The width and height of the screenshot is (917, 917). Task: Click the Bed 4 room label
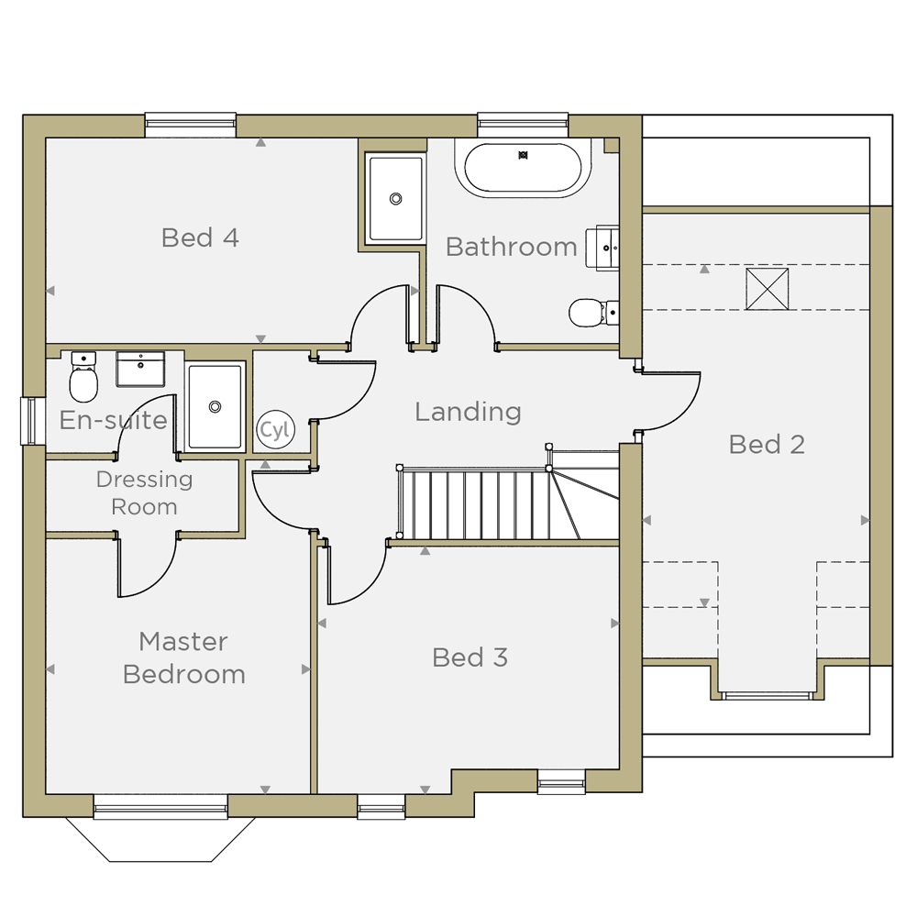[x=200, y=238]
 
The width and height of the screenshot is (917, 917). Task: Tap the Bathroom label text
[x=512, y=247]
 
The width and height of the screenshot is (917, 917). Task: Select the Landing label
[x=468, y=412]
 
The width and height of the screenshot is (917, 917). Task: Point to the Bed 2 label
[x=767, y=445]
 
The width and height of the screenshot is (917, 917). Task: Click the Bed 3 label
[x=470, y=657]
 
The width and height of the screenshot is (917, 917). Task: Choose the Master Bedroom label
[x=183, y=657]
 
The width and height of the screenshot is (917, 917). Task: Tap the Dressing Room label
[x=145, y=493]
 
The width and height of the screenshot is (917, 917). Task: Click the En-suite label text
[x=114, y=420]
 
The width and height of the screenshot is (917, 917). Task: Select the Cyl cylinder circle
[x=275, y=430]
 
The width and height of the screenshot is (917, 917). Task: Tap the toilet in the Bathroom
[x=593, y=313]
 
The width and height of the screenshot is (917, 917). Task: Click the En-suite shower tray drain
[x=215, y=406]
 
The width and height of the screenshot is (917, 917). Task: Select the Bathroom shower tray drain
[x=395, y=199]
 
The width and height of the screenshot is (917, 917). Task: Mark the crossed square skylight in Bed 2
[x=767, y=289]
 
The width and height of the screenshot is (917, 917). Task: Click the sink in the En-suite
[x=140, y=369]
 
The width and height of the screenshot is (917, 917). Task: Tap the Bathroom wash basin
[x=602, y=248]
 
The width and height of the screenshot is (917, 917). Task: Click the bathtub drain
[x=523, y=155]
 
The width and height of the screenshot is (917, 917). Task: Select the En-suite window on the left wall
[x=33, y=421]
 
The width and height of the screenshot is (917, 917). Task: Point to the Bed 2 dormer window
[x=767, y=695]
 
